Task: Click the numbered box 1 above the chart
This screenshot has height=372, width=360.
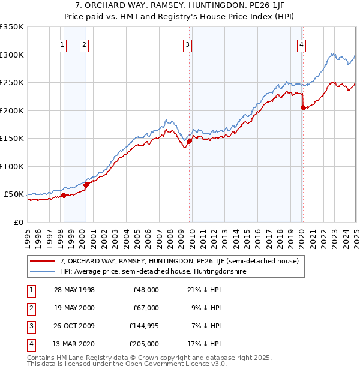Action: click(x=63, y=44)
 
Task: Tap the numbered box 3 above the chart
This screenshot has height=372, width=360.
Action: click(x=188, y=44)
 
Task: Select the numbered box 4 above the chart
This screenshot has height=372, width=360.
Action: click(x=301, y=44)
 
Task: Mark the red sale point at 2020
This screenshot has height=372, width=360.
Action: click(x=304, y=108)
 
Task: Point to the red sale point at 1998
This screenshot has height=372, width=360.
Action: click(x=64, y=195)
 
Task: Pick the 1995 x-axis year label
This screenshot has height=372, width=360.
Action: click(x=28, y=234)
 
